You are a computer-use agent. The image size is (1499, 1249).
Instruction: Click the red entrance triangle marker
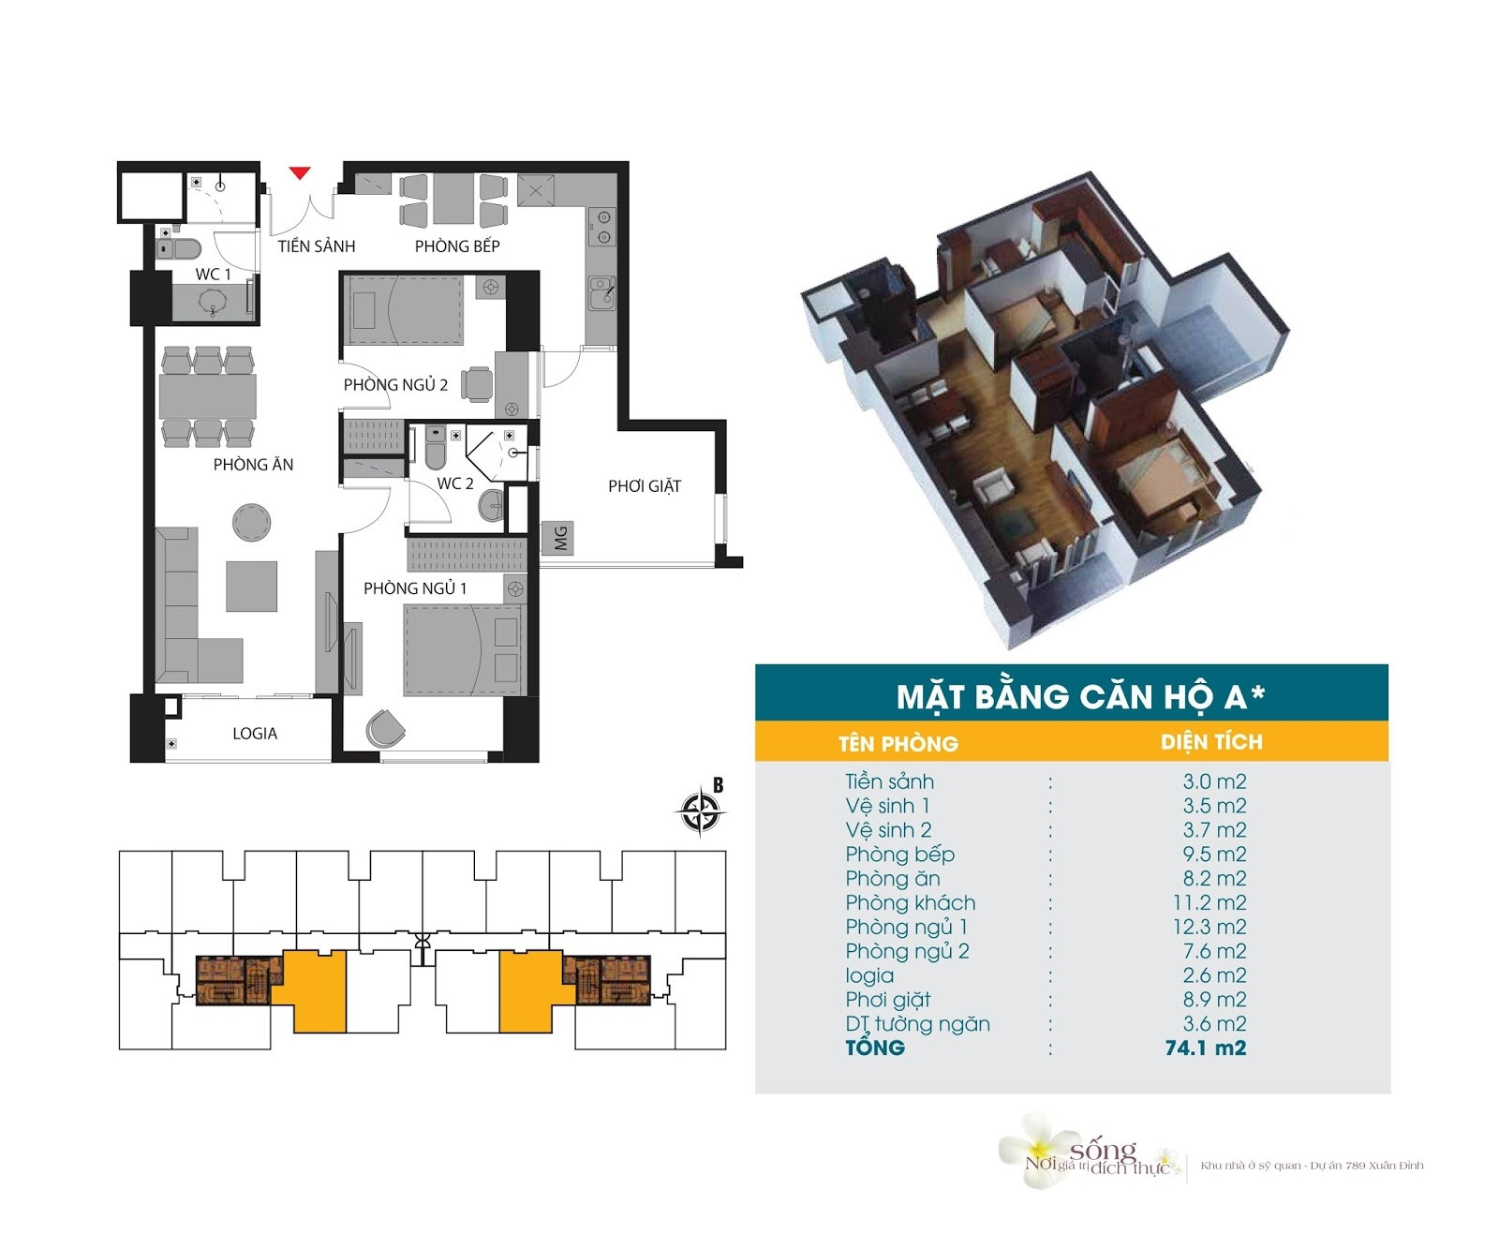tap(299, 172)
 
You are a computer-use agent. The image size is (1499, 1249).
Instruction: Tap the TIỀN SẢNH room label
tap(317, 246)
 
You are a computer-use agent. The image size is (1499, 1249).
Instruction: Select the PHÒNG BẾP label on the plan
tap(457, 246)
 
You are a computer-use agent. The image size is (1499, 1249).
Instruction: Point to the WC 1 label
tap(213, 275)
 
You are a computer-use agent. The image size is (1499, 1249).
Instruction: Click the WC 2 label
tap(455, 483)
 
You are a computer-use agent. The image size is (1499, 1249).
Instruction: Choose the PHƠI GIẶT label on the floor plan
tap(645, 485)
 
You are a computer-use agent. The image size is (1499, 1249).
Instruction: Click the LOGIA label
tap(255, 734)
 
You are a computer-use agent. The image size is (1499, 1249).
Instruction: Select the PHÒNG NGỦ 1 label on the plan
tap(415, 588)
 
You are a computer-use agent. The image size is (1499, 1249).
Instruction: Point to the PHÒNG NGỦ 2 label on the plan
tap(395, 384)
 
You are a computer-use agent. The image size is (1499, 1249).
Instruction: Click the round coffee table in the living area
tap(251, 522)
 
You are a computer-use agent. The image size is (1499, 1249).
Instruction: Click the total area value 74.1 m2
tap(1206, 1048)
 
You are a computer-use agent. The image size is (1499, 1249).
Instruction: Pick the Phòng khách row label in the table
tap(911, 902)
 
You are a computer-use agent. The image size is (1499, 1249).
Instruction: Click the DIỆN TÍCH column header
tap(1211, 742)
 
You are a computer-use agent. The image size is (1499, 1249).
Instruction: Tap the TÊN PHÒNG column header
tap(898, 744)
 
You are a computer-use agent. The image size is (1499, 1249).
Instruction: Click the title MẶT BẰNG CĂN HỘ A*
tap(1081, 696)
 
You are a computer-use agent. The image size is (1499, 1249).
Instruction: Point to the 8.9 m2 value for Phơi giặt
tap(1215, 1000)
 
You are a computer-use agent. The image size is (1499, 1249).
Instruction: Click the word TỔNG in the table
tap(875, 1047)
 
